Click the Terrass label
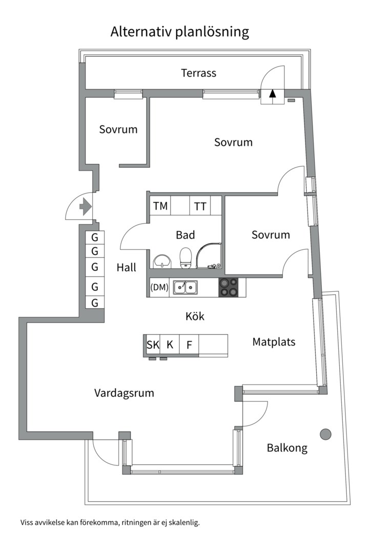[x=198, y=73]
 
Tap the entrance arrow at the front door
[x=85, y=207]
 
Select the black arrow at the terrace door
[x=273, y=94]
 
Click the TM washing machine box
[x=160, y=206]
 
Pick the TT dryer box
[x=200, y=206]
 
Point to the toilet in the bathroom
[x=185, y=257]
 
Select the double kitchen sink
[x=185, y=287]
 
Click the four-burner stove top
[x=229, y=287]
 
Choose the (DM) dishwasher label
[x=159, y=287]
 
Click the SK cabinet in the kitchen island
[x=153, y=345]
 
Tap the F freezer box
[x=189, y=345]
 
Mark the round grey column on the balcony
[x=325, y=434]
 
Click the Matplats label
[x=274, y=342]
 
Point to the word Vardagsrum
[x=124, y=393]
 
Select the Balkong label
[x=287, y=448]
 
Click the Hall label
[x=126, y=267]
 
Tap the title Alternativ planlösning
[x=180, y=32]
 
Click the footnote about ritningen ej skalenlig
[x=110, y=523]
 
